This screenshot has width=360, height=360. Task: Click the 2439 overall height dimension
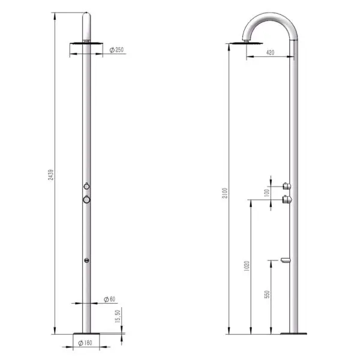pos(51,175)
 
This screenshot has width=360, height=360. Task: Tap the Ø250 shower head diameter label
pos(116,50)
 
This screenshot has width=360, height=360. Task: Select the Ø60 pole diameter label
pos(109,299)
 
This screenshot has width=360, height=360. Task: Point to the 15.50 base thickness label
pos(118,316)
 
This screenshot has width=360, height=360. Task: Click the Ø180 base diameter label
pos(85,343)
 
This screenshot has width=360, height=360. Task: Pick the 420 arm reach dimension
pos(270,53)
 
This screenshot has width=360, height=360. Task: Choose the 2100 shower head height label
pos(225,193)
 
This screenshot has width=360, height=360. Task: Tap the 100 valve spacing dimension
pos(266,193)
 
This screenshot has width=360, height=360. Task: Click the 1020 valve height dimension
pos(247,266)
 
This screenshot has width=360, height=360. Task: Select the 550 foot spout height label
pos(267,295)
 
